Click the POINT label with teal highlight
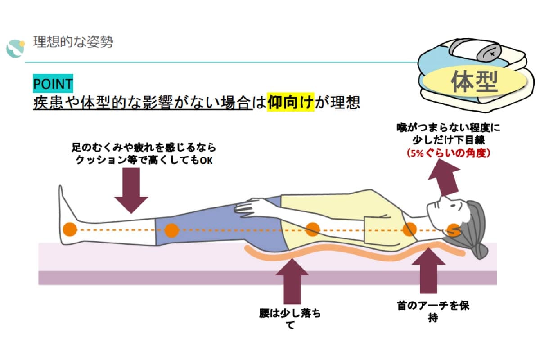pos(53,84)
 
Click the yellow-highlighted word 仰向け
pos(290,103)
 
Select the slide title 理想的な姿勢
pos(73,42)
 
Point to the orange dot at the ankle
pos(69,229)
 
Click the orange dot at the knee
pos(171,230)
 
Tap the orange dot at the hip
pos(312,229)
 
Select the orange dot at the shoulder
pos(409,229)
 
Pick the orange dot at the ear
pos(453,230)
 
